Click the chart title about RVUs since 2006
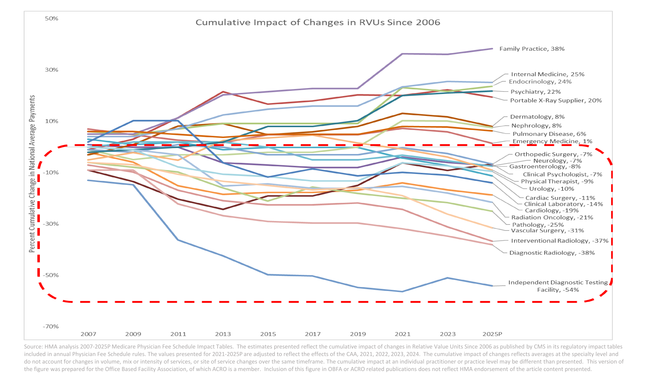click(x=318, y=22)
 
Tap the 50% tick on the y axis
click(x=52, y=18)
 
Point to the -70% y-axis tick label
click(x=51, y=326)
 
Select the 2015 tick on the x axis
click(x=268, y=334)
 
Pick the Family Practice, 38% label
click(x=532, y=49)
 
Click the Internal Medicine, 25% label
click(x=548, y=74)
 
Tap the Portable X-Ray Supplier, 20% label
click(x=556, y=100)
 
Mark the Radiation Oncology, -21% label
click(x=552, y=217)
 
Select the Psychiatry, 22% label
click(x=535, y=92)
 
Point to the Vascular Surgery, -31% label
click(x=547, y=231)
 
